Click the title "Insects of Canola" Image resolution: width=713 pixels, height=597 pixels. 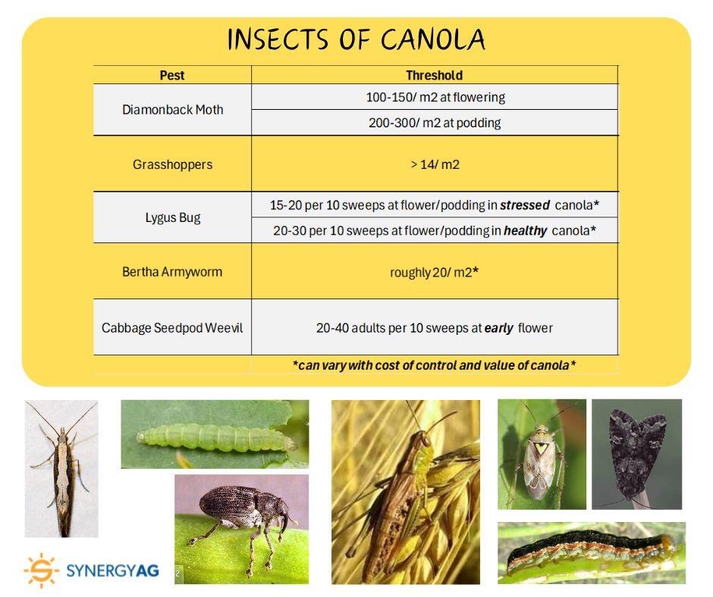tap(356, 39)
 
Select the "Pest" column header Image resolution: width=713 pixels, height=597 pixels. tap(172, 75)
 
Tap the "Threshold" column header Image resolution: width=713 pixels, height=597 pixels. tap(434, 75)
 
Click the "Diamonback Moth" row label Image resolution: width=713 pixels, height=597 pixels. tap(172, 110)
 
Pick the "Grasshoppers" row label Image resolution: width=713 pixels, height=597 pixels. tap(172, 164)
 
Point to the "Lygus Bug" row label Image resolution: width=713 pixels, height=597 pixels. tap(172, 217)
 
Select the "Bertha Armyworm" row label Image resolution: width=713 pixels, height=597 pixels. tap(172, 271)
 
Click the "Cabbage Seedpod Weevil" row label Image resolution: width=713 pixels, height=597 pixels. tap(172, 328)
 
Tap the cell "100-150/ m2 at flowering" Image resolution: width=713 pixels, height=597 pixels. tap(435, 97)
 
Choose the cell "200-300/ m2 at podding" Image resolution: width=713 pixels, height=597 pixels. tap(435, 123)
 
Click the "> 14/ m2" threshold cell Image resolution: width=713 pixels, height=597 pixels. tap(435, 164)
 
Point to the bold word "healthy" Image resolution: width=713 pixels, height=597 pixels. tap(525, 231)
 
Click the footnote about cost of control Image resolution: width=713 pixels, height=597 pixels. tap(435, 365)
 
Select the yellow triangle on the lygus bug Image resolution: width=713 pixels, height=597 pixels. tap(539, 449)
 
